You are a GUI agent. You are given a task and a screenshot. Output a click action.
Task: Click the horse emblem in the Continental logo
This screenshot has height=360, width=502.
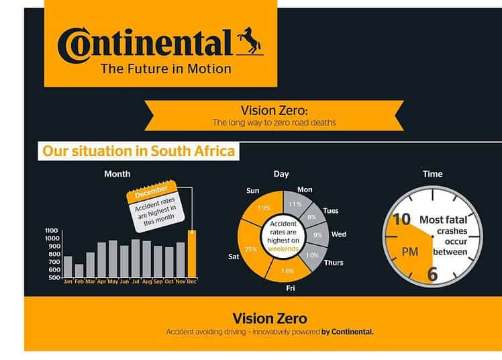pyautogui.click(x=250, y=40)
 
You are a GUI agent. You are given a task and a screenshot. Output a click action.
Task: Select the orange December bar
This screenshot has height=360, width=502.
pyautogui.click(x=192, y=254)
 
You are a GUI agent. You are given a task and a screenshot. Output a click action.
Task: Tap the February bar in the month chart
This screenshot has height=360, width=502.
pyautogui.click(x=79, y=271)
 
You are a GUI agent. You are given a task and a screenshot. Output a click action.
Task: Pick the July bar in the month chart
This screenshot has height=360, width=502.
pyautogui.click(x=136, y=258)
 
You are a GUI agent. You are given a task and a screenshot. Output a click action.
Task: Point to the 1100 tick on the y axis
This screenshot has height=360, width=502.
pyautogui.click(x=52, y=230)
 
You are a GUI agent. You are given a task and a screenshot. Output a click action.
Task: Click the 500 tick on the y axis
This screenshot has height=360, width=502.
pyautogui.click(x=54, y=277)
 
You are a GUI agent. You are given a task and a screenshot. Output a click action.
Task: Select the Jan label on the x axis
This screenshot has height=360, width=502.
pyautogui.click(x=68, y=281)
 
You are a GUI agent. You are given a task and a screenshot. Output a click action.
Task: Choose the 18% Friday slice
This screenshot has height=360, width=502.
pyautogui.click(x=287, y=270)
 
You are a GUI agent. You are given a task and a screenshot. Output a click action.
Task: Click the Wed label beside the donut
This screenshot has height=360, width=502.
pyautogui.click(x=339, y=234)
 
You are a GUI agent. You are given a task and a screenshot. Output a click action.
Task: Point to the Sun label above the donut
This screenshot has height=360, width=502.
pyautogui.click(x=252, y=191)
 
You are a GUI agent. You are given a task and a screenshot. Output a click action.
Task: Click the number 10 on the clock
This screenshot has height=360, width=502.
pyautogui.click(x=401, y=220)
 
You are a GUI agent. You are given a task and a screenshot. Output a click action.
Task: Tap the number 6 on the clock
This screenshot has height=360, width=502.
pyautogui.click(x=432, y=274)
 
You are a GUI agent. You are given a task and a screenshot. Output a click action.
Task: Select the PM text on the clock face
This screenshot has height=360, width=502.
pyautogui.click(x=410, y=252)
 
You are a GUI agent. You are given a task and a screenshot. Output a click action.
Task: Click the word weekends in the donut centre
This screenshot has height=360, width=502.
pyautogui.click(x=283, y=249)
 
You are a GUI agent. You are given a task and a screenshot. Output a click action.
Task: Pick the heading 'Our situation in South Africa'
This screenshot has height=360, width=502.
pyautogui.click(x=139, y=151)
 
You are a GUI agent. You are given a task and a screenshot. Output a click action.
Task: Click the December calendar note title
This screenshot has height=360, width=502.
pyautogui.click(x=151, y=191)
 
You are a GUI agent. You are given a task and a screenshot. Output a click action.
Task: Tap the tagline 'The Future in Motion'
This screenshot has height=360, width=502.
pyautogui.click(x=166, y=69)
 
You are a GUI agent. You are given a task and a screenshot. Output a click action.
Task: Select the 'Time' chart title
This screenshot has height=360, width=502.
pyautogui.click(x=432, y=174)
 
